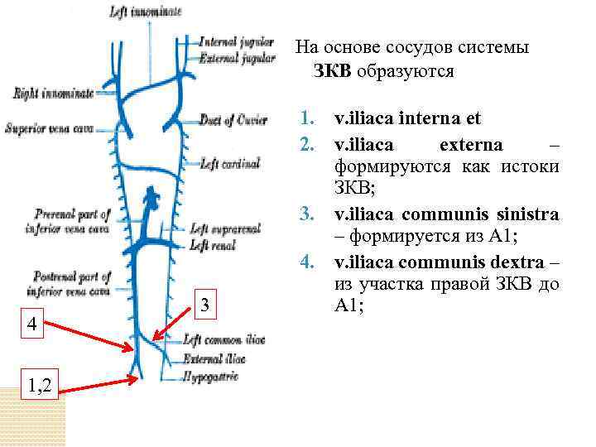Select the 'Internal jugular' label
click(x=237, y=41)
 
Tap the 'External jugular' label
click(x=237, y=58)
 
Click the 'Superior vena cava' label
click(x=48, y=128)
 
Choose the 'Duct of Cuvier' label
click(x=234, y=120)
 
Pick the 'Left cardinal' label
click(x=231, y=164)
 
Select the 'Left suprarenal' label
click(x=224, y=229)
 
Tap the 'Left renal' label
click(x=213, y=245)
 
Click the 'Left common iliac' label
click(x=224, y=339)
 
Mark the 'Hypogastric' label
click(x=211, y=377)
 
